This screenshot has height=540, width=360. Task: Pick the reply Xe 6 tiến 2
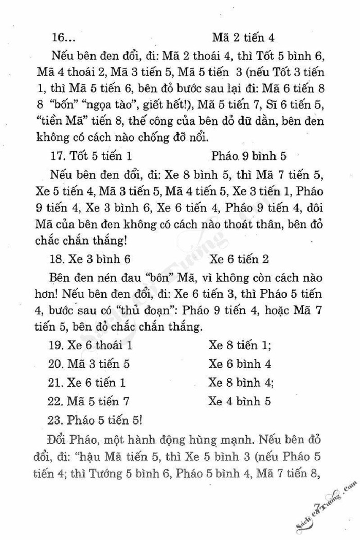point(239,259)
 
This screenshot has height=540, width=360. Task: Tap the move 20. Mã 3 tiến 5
point(91,364)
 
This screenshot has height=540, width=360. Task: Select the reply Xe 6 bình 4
point(240,364)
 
